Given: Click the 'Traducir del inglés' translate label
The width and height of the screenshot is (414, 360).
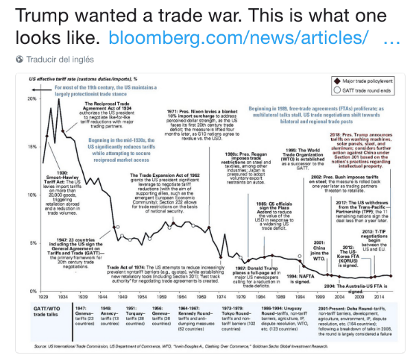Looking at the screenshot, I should click(x=56, y=60).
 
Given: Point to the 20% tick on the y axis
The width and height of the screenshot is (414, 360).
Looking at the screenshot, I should click(x=32, y=99).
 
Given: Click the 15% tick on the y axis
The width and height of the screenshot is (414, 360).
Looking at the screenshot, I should click(x=32, y=147).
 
